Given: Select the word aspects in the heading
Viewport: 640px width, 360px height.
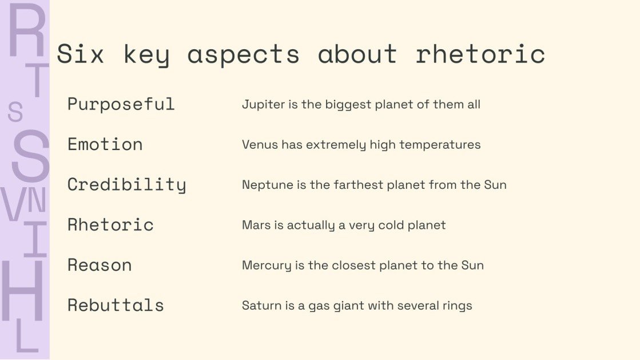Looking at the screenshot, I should (243, 55).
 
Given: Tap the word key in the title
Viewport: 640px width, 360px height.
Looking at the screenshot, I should (146, 55).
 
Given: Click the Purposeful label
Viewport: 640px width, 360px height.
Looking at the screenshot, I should (121, 104).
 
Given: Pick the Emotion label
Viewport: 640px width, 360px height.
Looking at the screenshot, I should (105, 144).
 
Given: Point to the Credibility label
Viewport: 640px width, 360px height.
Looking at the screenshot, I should (126, 185).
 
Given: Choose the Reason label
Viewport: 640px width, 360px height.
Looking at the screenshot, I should (100, 265).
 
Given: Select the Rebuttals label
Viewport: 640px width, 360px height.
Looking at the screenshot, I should (116, 305).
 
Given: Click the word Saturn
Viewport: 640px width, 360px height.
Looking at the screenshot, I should (259, 305).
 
